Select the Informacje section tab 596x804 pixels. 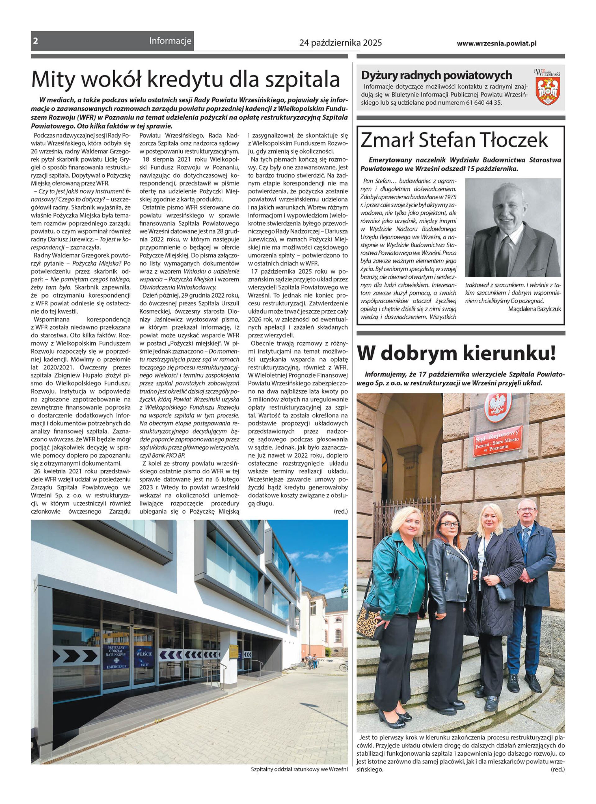tap(170, 41)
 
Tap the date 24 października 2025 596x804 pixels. tap(340, 43)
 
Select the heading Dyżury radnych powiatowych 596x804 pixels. tap(436, 75)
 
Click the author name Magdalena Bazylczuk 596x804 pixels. tap(534, 309)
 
